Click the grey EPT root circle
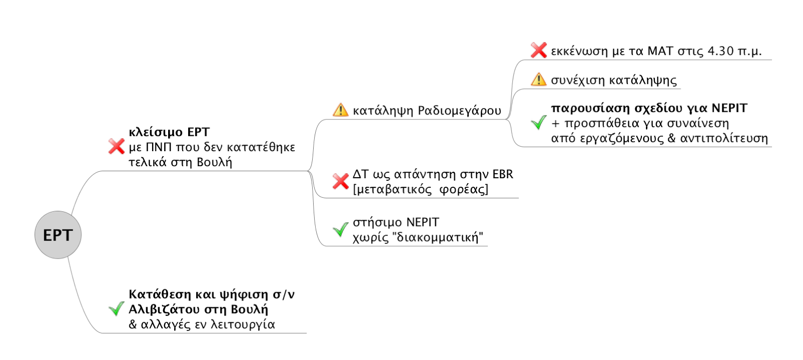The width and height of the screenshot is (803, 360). (58, 235)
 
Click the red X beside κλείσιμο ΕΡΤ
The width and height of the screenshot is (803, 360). (116, 147)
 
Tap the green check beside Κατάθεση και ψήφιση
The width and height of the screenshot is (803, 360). (116, 309)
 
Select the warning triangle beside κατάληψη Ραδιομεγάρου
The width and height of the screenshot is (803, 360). (340, 109)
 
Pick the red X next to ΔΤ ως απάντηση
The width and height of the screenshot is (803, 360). (341, 181)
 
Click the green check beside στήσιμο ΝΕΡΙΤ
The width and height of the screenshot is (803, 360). (341, 229)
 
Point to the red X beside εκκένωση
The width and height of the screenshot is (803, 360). (539, 50)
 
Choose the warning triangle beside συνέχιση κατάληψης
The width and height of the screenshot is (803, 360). (539, 79)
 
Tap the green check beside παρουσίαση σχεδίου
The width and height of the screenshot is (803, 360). (539, 123)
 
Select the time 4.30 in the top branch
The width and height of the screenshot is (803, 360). (721, 51)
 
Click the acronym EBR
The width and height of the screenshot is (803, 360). (503, 174)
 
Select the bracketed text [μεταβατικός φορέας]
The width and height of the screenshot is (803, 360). (421, 189)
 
